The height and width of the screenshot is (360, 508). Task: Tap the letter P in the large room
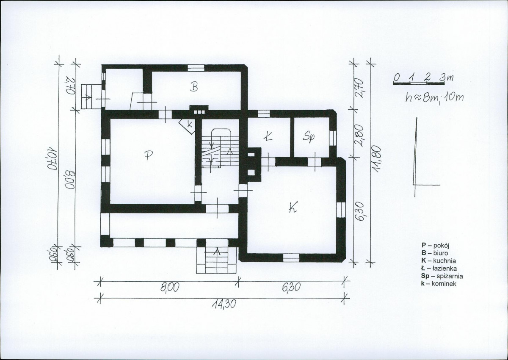148,155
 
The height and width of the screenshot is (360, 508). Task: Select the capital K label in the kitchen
293,207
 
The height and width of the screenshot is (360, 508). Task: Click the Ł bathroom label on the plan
268,136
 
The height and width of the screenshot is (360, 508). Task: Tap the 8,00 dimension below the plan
170,288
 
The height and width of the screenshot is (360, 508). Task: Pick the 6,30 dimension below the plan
292,288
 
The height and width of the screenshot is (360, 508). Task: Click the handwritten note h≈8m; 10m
433,98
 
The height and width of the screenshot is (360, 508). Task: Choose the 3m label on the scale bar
446,78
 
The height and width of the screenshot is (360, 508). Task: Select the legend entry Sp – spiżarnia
442,276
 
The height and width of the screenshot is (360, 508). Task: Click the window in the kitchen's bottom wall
291,258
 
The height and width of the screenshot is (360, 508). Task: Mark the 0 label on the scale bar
396,78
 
